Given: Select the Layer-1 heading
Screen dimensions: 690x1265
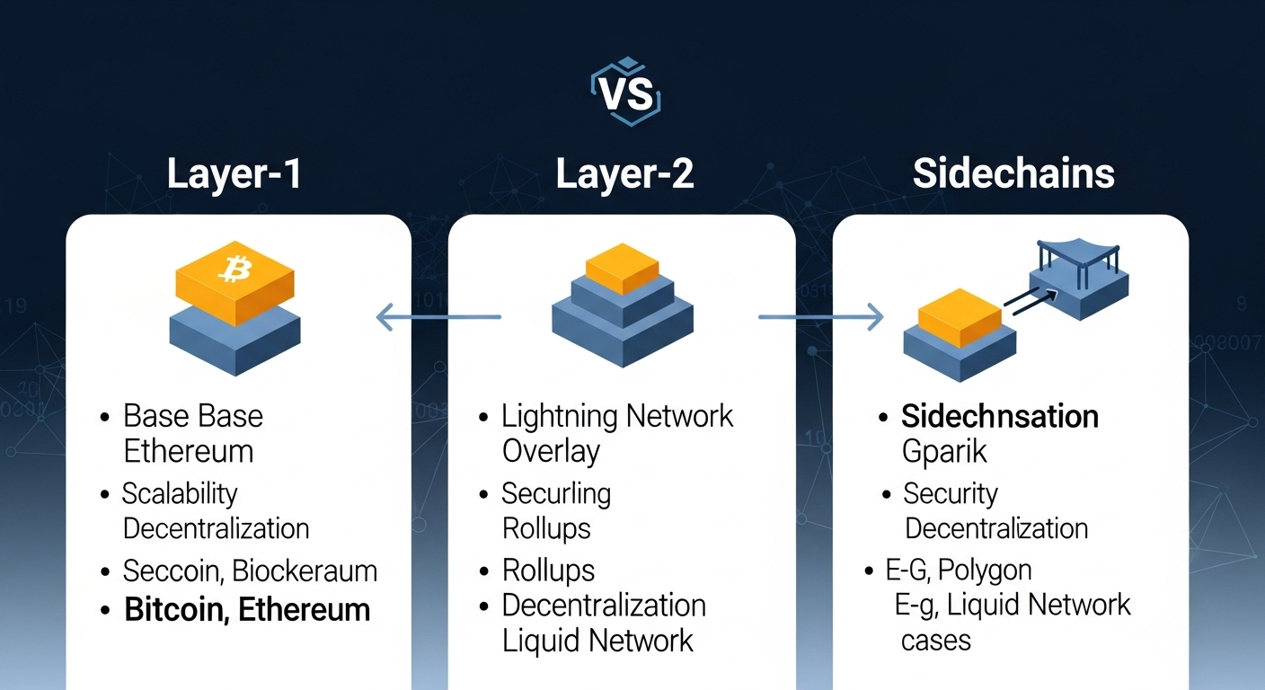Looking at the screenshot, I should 234,173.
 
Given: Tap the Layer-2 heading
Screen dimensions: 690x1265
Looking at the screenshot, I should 624,173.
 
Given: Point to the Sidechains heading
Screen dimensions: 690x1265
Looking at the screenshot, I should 1013,173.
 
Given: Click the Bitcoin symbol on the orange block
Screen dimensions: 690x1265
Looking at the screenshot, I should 235,267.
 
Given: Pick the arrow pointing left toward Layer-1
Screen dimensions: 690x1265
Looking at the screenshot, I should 438,316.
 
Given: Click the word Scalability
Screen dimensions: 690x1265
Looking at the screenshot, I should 180,493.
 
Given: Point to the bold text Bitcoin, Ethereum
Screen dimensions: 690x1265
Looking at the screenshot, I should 247,610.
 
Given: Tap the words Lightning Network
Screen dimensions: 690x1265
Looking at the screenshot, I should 617,416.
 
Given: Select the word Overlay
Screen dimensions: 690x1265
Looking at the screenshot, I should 551,450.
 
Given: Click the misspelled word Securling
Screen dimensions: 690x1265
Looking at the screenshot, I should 556,493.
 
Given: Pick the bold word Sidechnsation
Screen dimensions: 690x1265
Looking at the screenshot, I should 1000,417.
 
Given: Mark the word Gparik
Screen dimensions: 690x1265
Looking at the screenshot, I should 944,450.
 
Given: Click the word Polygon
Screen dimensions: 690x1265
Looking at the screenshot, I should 986,570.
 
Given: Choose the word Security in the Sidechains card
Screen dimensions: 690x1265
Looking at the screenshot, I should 951,493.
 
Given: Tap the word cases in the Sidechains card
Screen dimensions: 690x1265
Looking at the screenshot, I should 935,640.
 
